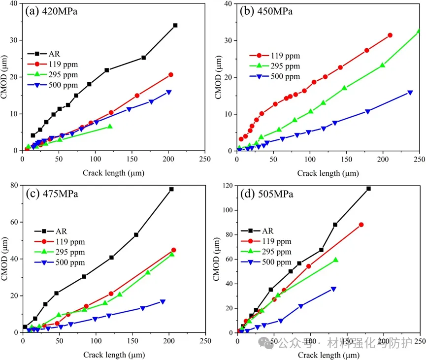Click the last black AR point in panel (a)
(x=175, y=25)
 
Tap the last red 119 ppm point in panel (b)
(x=390, y=35)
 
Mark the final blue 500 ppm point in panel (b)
(x=410, y=93)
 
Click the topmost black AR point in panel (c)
(x=171, y=189)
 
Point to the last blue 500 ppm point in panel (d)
(x=333, y=289)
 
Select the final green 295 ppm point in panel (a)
(x=110, y=127)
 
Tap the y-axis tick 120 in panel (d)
(x=227, y=186)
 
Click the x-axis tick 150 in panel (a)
(x=132, y=159)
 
